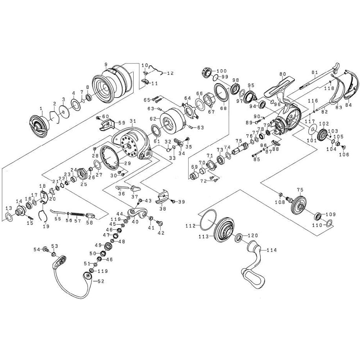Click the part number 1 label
tap(41, 108)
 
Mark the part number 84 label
tap(348, 105)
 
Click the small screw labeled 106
tap(343, 147)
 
